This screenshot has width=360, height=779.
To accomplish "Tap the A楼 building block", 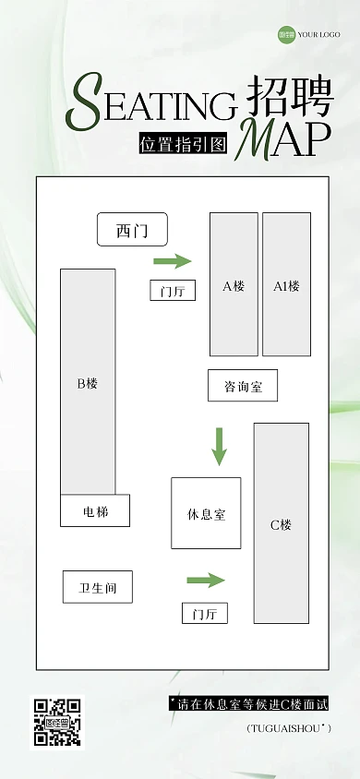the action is [x=234, y=284].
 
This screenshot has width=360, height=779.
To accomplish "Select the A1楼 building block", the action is [x=286, y=284].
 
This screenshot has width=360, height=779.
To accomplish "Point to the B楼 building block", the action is [x=88, y=382].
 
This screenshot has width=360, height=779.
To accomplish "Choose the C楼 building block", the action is [x=281, y=523].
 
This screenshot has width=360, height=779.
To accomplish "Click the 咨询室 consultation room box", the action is [x=243, y=386].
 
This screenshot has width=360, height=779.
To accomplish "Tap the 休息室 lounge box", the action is [x=206, y=513].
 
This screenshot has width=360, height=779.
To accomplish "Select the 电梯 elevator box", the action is [x=95, y=510].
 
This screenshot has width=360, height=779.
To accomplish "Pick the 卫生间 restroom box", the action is [x=98, y=587].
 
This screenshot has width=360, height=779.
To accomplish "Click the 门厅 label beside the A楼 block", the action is [x=173, y=291].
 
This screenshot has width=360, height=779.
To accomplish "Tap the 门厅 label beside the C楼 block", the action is [x=204, y=614].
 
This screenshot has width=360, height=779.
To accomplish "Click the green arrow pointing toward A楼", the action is [x=172, y=261].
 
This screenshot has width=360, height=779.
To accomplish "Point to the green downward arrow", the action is [x=219, y=446].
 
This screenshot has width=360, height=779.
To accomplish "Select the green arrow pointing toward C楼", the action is [x=206, y=580].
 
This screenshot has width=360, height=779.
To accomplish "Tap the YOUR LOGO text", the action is [x=318, y=35].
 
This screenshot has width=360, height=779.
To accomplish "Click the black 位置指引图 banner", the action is [x=183, y=145].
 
